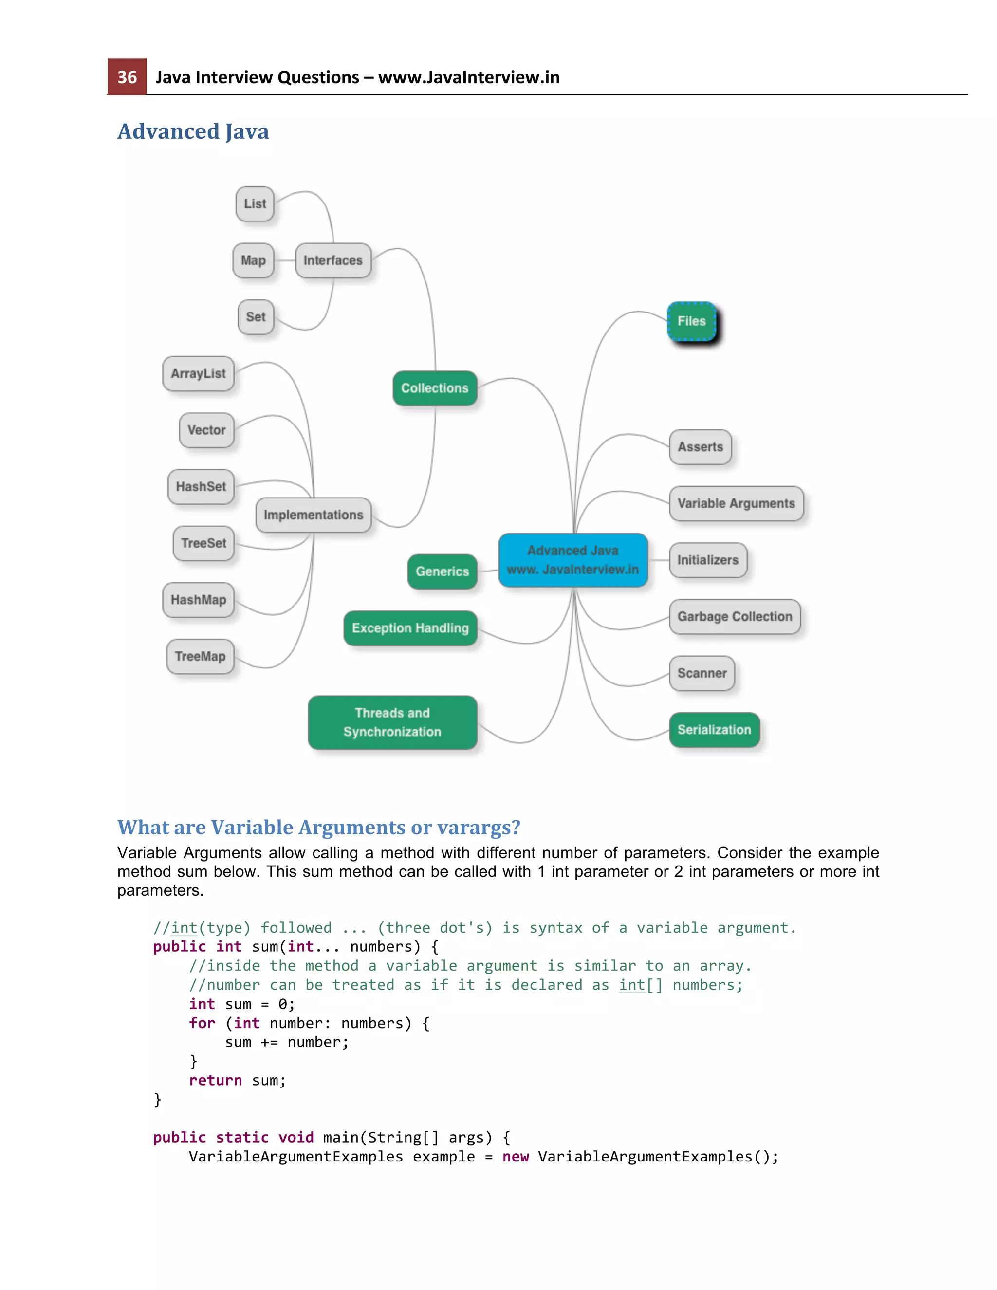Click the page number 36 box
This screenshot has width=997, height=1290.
127,77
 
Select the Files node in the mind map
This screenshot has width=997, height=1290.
691,321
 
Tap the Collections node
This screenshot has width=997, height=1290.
435,388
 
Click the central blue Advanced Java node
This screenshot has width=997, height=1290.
573,560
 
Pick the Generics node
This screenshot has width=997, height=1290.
443,571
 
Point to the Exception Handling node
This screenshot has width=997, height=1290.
410,628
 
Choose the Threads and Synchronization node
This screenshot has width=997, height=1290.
392,722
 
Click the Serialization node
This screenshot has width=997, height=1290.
714,730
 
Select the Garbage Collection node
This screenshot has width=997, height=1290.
735,617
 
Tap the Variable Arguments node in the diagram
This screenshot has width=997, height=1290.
736,503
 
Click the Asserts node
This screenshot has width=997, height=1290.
700,446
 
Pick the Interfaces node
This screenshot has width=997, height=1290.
333,260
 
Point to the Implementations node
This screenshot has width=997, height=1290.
313,515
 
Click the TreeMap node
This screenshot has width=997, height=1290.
200,656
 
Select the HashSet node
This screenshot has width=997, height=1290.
201,487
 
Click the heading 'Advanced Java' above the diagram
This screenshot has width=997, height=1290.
193,131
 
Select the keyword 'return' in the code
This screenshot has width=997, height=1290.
215,1080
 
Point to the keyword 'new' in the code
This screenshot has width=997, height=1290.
515,1157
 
